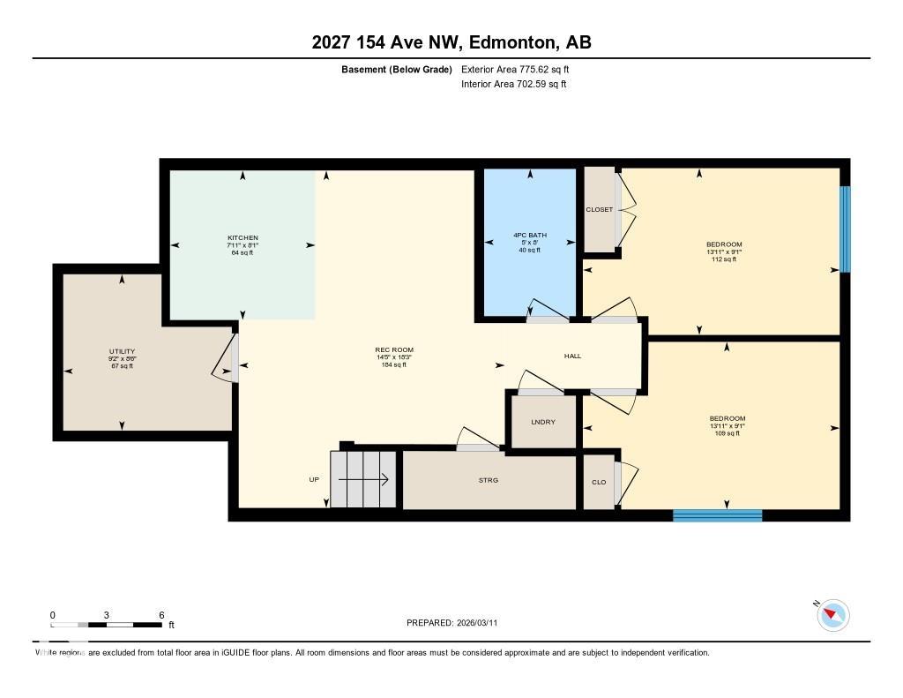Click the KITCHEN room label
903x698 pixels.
click(243, 238)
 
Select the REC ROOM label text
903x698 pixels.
click(394, 350)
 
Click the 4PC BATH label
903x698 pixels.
click(529, 236)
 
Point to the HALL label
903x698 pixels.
click(572, 356)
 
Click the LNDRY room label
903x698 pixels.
click(543, 422)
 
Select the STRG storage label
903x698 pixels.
click(488, 480)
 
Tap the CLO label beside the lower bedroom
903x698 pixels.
click(598, 483)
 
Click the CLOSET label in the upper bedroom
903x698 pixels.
click(599, 210)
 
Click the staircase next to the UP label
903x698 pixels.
click(362, 480)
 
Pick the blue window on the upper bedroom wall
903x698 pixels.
click(845, 229)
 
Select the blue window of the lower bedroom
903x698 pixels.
click(717, 515)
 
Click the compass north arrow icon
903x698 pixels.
click(832, 615)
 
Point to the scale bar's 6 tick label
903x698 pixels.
click(161, 615)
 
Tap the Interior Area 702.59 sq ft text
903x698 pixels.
click(513, 85)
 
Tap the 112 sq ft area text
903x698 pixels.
click(723, 259)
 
